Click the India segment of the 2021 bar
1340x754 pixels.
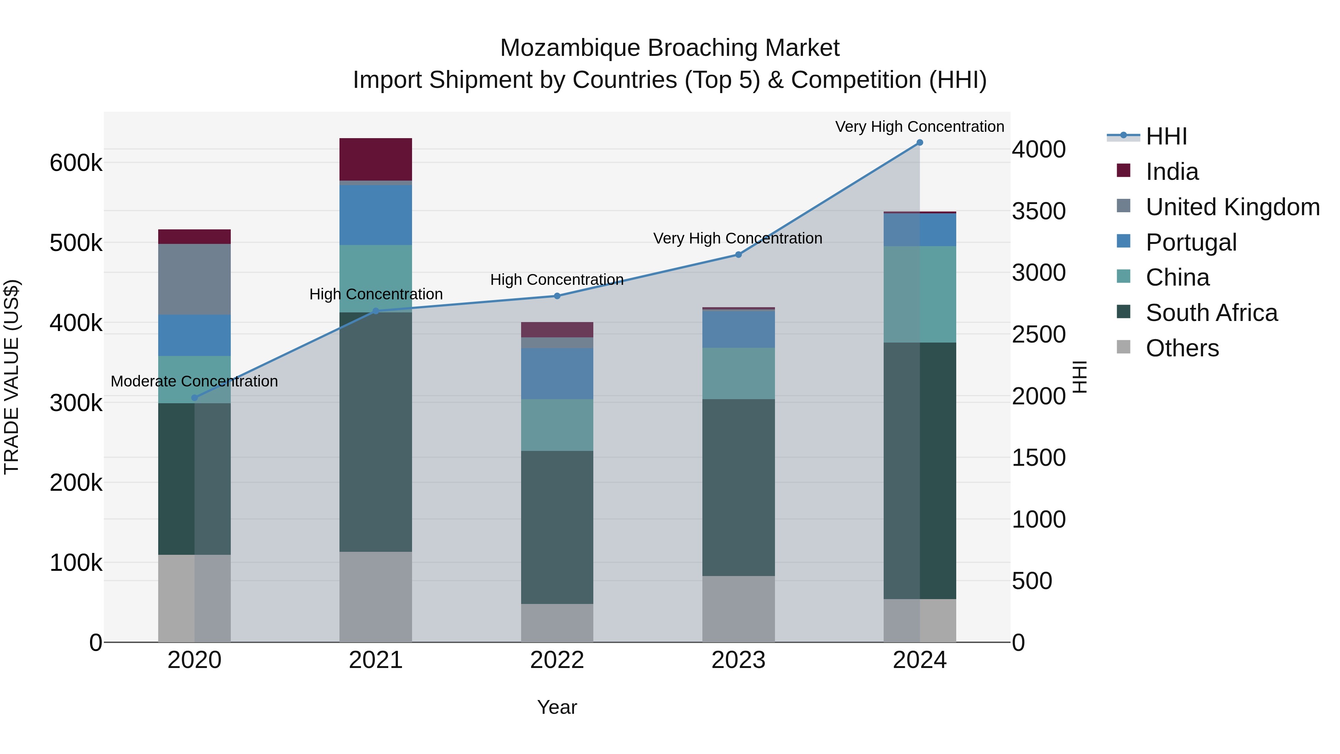pyautogui.click(x=376, y=159)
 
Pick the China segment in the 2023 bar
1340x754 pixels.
pyautogui.click(x=738, y=373)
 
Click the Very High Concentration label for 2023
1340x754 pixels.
pyautogui.click(x=738, y=238)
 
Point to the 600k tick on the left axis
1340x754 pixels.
pyautogui.click(x=76, y=163)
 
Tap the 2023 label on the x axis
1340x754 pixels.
pyautogui.click(x=738, y=660)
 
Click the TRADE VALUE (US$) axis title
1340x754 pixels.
pyautogui.click(x=12, y=377)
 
